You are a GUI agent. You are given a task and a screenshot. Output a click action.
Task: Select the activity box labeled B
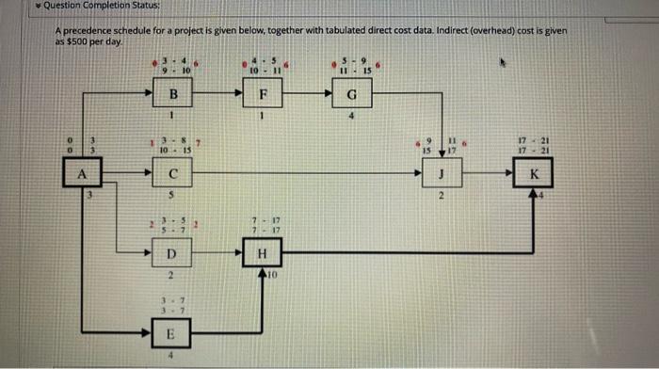pyautogui.click(x=172, y=94)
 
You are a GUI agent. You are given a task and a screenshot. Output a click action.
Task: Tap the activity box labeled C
pyautogui.click(x=172, y=173)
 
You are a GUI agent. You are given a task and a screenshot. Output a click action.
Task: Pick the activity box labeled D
pyautogui.click(x=172, y=252)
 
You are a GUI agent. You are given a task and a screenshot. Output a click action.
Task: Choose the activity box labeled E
pyautogui.click(x=170, y=332)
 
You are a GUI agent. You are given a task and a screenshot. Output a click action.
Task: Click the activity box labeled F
pyautogui.click(x=263, y=94)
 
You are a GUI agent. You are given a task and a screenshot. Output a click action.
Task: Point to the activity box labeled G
pyautogui.click(x=352, y=94)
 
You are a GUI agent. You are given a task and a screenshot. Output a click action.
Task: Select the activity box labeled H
pyautogui.click(x=263, y=252)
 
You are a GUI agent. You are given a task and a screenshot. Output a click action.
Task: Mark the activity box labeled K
pyautogui.click(x=533, y=173)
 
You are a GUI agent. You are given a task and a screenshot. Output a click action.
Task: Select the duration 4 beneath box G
pyautogui.click(x=352, y=118)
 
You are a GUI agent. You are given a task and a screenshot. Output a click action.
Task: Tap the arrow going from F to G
pyautogui.click(x=307, y=94)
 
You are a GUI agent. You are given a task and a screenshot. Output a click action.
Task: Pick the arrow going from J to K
pyautogui.click(x=488, y=173)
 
